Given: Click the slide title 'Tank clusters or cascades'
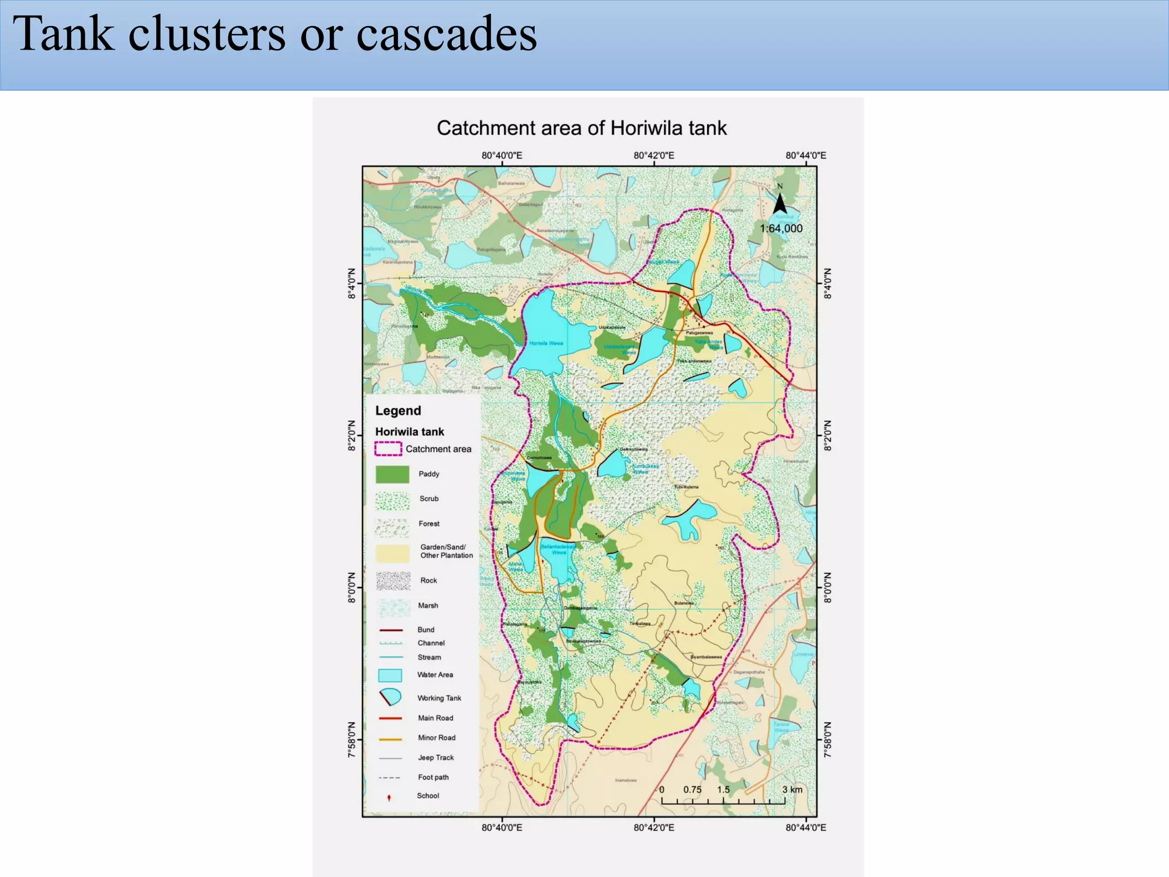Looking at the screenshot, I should tap(275, 34).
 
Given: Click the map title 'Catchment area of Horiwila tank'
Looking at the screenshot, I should tap(582, 128).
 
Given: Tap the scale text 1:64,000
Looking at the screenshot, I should tap(780, 228).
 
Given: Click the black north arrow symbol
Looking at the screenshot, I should tap(780, 203).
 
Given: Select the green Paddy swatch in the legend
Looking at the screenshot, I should tap(392, 474).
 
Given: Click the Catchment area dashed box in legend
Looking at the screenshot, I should tap(388, 449).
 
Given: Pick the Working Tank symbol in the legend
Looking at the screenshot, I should tap(390, 697).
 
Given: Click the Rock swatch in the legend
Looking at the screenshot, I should tap(393, 581).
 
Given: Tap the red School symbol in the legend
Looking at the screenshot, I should tap(389, 798).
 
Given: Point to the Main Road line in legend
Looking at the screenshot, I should tap(390, 718).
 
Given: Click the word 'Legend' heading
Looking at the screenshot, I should tap(398, 411).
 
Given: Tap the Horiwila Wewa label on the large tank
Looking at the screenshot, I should tap(546, 343).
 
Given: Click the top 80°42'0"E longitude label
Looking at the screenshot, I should tap(654, 155).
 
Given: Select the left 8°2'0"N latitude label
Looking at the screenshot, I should tap(352, 436).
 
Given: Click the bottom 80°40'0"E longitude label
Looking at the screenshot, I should tap(502, 827).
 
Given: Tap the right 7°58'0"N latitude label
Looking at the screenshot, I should tap(828, 740).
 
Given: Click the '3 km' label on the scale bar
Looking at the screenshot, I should tap(792, 790).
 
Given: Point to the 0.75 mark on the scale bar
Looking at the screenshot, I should tap(692, 790).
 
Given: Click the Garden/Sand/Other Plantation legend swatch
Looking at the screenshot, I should tap(392, 553).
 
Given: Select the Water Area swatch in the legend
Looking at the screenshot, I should tap(390, 675).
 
